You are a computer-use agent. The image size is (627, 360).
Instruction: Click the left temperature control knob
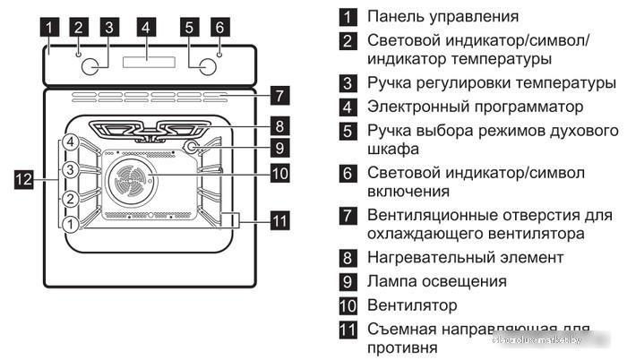[91, 66]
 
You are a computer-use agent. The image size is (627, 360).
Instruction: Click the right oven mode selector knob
[206, 66]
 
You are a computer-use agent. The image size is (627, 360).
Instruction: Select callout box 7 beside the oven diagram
[280, 94]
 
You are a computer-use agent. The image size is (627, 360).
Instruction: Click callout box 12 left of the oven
[25, 179]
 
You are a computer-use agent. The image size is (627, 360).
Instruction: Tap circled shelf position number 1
[70, 223]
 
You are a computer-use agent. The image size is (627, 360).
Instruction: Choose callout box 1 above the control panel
[52, 27]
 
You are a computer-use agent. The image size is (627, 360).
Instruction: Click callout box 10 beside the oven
[280, 174]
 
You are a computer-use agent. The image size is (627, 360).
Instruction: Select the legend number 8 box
[348, 258]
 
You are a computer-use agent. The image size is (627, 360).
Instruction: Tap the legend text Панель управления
[442, 17]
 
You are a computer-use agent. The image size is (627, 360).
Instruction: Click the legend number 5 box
[348, 132]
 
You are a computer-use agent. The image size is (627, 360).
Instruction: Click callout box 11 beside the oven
[280, 219]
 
